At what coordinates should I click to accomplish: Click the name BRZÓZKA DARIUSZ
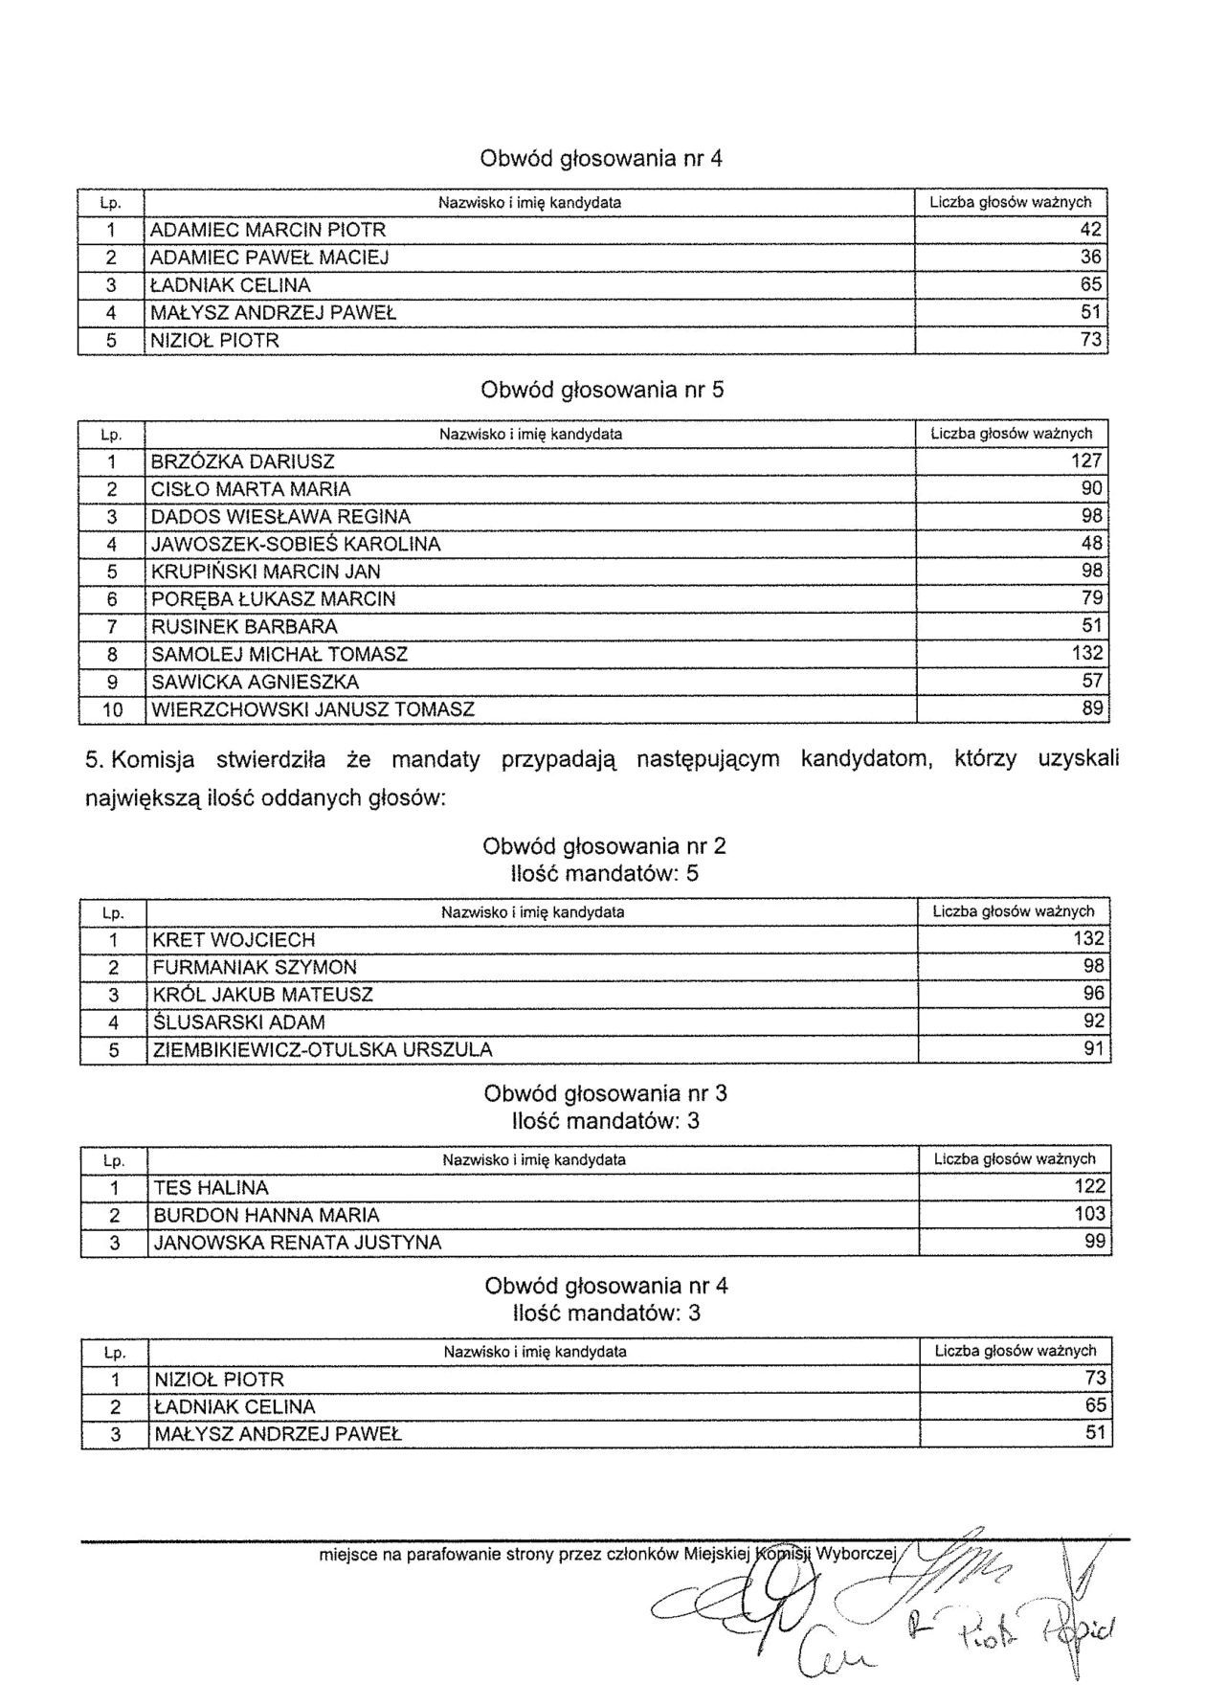tap(242, 461)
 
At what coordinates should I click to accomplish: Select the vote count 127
tap(1086, 460)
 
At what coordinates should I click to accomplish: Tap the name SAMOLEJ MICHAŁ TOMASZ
tap(279, 655)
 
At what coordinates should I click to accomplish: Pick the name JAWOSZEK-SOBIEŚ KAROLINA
tap(296, 545)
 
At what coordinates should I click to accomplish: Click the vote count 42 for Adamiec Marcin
tap(1090, 230)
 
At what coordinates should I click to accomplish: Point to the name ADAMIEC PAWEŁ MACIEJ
tap(270, 258)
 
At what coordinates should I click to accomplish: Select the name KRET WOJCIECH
tap(234, 940)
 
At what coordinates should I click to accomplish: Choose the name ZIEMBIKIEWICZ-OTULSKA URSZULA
tap(323, 1050)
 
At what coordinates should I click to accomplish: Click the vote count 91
tap(1094, 1049)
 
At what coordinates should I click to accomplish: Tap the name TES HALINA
tap(211, 1188)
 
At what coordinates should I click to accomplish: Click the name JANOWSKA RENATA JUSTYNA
tap(298, 1244)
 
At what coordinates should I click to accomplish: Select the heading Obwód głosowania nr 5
tap(602, 391)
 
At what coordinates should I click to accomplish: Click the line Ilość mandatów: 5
tap(605, 874)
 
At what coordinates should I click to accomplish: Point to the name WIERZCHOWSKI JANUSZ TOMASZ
tap(313, 710)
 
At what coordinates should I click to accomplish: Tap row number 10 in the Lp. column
tap(112, 710)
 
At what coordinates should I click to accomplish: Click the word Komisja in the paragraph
tap(153, 760)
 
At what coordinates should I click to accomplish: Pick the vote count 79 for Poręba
tap(1092, 599)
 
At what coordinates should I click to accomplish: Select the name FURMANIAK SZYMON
tap(255, 968)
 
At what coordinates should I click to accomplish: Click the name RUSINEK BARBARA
tap(245, 627)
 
